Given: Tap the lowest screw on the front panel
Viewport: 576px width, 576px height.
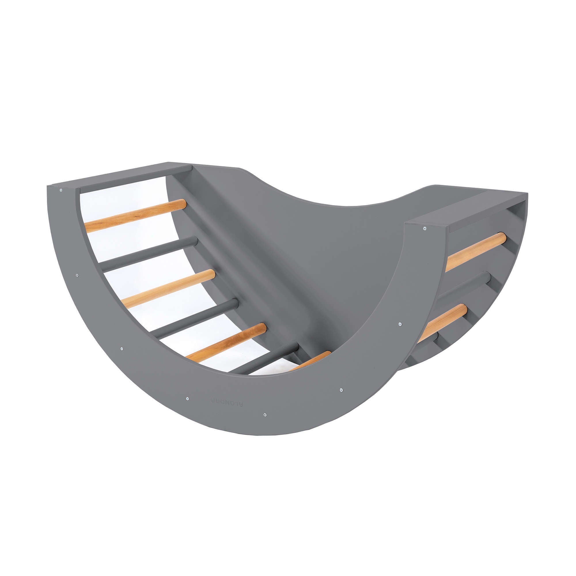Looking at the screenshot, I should pyautogui.click(x=265, y=415).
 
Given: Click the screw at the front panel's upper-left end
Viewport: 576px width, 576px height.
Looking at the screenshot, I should pyautogui.click(x=61, y=190).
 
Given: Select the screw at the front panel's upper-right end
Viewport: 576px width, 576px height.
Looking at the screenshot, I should pyautogui.click(x=425, y=228).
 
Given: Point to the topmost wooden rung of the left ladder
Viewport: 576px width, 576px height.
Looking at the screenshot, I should pyautogui.click(x=136, y=215).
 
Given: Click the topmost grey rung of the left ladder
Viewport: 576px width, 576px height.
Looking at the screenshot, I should pyautogui.click(x=149, y=253).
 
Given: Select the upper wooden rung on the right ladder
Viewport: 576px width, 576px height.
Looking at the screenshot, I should pyautogui.click(x=476, y=251).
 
